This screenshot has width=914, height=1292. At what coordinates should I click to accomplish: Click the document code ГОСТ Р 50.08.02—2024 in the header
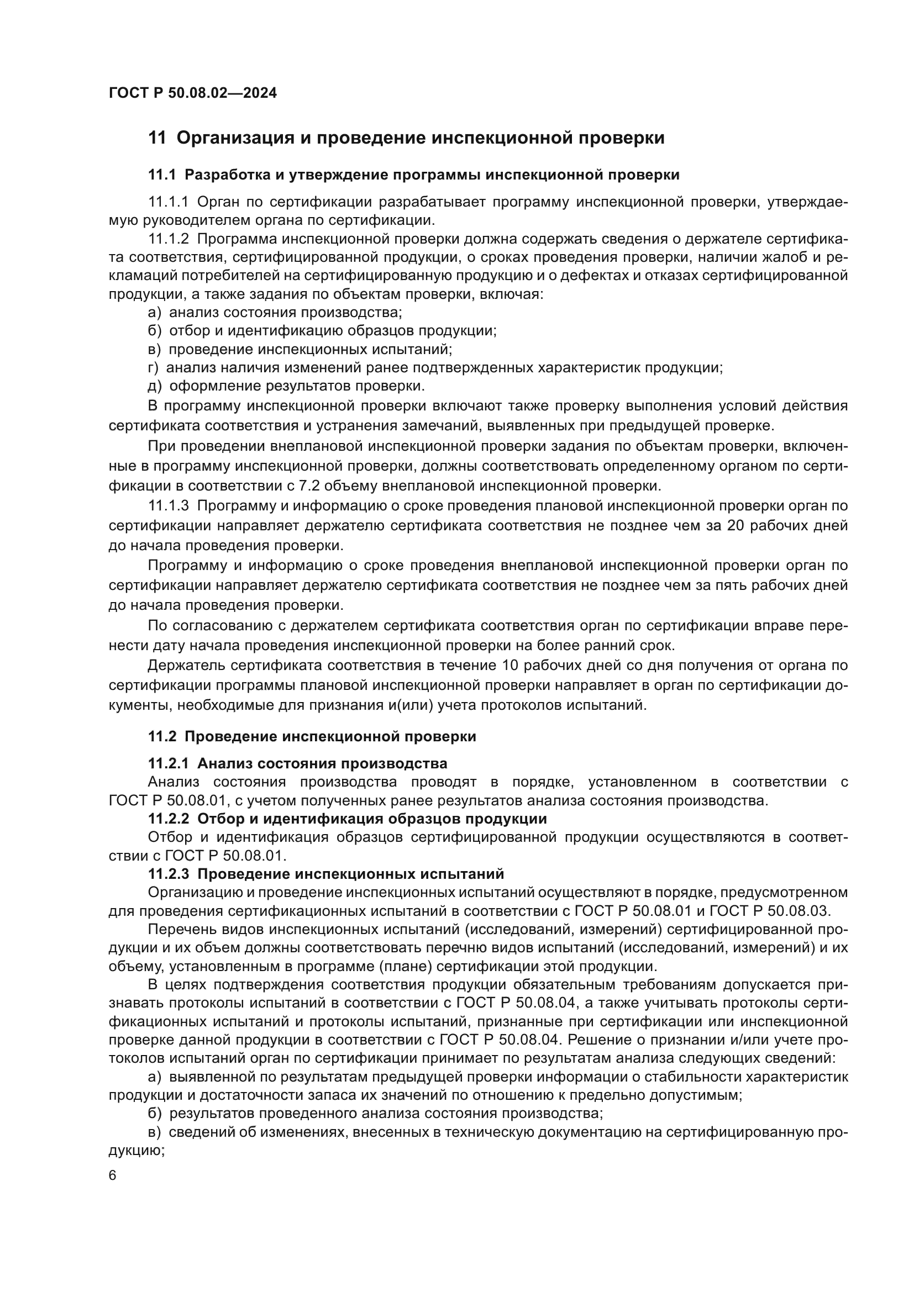coord(192,93)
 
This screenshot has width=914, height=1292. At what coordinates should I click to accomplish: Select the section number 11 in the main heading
coord(157,138)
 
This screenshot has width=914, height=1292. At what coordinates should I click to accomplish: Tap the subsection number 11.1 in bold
coord(162,175)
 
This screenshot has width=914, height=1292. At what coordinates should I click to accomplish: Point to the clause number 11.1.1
coord(169,202)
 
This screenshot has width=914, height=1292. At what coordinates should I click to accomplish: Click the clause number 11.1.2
coord(169,239)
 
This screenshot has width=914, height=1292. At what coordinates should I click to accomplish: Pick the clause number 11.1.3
coord(169,506)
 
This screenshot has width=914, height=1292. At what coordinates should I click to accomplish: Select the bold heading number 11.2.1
coord(169,763)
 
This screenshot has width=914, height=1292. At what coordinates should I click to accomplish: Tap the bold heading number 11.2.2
coord(169,819)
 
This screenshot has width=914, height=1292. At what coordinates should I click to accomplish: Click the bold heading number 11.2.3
coord(169,874)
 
